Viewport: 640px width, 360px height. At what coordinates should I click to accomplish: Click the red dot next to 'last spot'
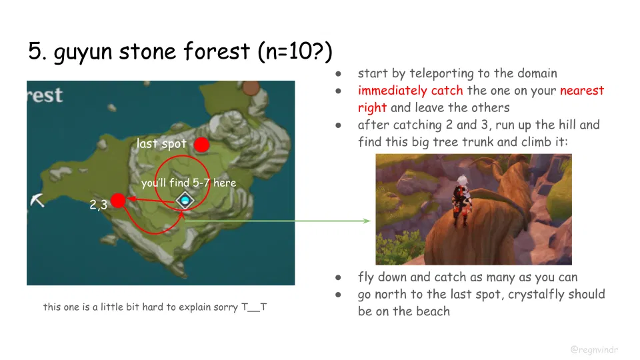[201, 145]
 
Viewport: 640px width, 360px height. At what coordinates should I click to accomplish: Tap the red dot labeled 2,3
[118, 200]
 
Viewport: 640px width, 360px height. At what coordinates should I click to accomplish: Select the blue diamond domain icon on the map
[185, 201]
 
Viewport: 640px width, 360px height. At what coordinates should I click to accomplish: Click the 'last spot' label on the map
[161, 144]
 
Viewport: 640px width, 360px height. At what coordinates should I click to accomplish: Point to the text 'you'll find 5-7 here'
[188, 183]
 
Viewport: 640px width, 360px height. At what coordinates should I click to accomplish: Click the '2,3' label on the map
[98, 205]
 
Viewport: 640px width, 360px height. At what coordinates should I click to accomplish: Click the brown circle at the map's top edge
[251, 87]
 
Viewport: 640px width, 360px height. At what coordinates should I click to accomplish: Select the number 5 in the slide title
[35, 51]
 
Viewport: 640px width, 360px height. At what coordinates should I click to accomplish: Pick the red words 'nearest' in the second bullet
[581, 91]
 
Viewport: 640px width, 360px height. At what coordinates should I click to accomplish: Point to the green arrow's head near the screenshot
[368, 221]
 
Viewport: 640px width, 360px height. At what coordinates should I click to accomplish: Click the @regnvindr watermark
[595, 349]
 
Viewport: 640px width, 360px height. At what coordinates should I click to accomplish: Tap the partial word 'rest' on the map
[45, 95]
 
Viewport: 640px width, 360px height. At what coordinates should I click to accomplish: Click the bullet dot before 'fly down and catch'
[339, 277]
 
